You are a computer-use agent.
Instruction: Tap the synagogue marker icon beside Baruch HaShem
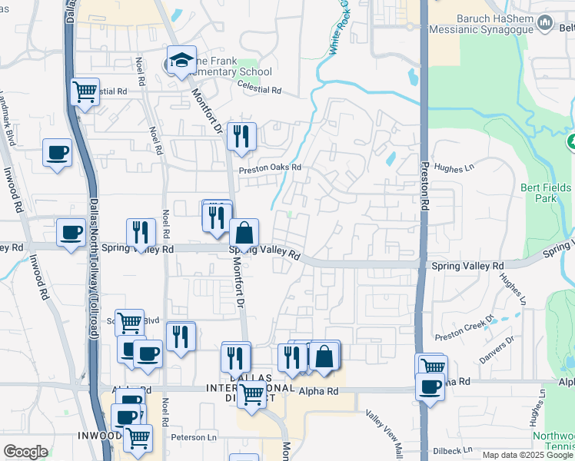pyautogui.click(x=546, y=24)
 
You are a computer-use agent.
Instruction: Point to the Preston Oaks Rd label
pyautogui.click(x=269, y=168)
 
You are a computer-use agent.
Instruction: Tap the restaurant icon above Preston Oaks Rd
pyautogui.click(x=241, y=136)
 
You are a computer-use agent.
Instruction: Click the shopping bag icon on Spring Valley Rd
pyautogui.click(x=244, y=232)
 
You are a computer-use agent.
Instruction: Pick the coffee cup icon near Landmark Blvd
pyautogui.click(x=57, y=152)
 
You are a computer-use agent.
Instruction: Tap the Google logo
pyautogui.click(x=25, y=452)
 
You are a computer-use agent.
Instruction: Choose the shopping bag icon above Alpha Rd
pyautogui.click(x=324, y=356)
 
